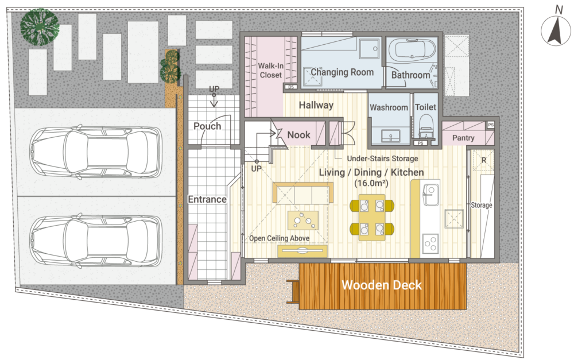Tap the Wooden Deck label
(382, 285)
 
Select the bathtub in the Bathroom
(412, 49)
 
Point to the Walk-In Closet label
(270, 70)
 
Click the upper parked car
(95, 152)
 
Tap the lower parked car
(95, 241)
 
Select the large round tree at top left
(40, 26)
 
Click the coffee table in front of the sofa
(302, 220)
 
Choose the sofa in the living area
(302, 193)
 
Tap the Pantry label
(463, 138)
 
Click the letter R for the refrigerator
(483, 160)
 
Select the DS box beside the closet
(291, 87)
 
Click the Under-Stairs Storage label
(382, 158)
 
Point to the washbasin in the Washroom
(390, 136)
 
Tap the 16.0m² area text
(371, 183)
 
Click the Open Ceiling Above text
(280, 238)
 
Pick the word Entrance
(207, 199)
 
